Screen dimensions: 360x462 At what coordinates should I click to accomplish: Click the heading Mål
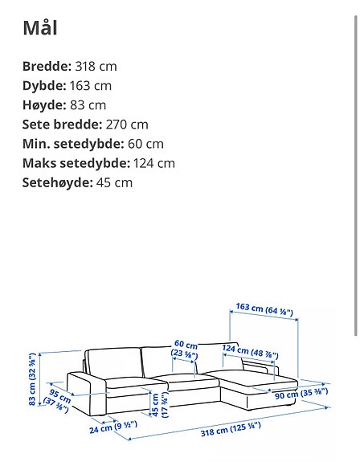coord(40,29)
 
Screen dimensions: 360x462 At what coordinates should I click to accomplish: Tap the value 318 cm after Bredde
coord(95,67)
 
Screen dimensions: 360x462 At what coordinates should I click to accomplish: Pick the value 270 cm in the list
coord(130,125)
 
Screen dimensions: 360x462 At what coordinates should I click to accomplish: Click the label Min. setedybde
coord(72,144)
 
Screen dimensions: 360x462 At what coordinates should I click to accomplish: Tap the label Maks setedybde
coord(76,163)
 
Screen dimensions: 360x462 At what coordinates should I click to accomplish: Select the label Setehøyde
coord(55,182)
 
